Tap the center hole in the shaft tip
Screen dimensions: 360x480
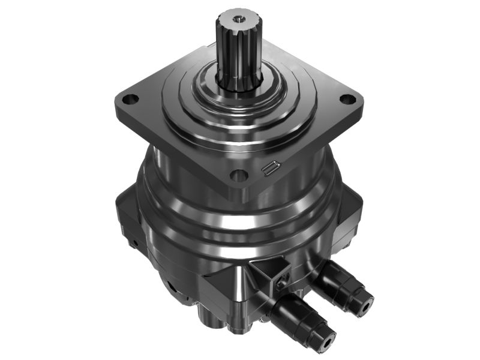(x=239, y=19)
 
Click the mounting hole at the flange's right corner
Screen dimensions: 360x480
(x=346, y=100)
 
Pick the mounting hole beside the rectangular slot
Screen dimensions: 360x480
(x=239, y=176)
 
